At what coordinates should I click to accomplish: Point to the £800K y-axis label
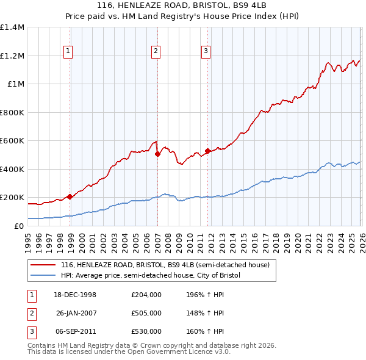(x=12, y=112)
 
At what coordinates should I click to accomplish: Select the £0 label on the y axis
(x=19, y=226)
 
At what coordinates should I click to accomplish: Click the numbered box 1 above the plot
(x=67, y=51)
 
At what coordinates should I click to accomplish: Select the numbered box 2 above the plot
(x=156, y=51)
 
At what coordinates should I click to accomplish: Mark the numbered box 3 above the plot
(x=206, y=51)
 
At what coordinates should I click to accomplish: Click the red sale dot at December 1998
(x=70, y=196)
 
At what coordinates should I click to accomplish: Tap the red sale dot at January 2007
(x=157, y=154)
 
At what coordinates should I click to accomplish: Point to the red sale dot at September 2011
(x=207, y=151)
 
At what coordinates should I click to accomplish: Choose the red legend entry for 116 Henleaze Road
(x=165, y=265)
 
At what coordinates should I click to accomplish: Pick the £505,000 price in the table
(x=146, y=313)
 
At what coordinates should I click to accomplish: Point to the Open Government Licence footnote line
(x=129, y=352)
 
